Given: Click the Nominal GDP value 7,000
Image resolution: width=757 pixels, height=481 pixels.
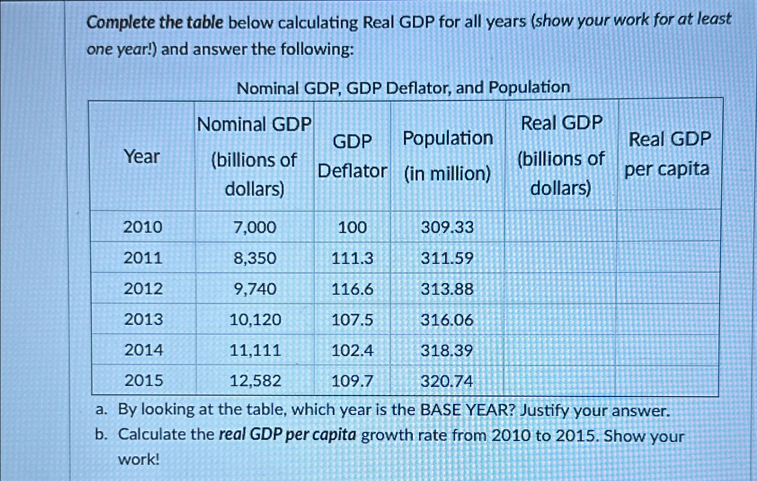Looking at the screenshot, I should (255, 227).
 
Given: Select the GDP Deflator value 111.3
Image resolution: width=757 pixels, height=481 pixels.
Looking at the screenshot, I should (352, 258).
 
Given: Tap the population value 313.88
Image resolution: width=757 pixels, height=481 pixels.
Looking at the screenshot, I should (447, 289).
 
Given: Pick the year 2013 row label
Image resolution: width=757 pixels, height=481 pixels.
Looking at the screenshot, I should (143, 319).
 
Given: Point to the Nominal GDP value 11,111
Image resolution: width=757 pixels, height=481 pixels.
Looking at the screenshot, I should (255, 350).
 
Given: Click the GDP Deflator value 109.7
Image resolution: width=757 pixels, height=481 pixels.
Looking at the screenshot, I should (352, 381).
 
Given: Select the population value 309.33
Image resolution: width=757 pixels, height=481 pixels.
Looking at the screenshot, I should (447, 227).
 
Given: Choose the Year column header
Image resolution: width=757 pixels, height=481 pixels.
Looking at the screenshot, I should (142, 157).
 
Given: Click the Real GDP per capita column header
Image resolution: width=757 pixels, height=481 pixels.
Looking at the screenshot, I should (668, 154).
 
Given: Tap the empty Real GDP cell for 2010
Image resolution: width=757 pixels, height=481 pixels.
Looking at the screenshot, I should (561, 227).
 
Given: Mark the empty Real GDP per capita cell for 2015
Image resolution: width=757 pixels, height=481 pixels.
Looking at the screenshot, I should (667, 380).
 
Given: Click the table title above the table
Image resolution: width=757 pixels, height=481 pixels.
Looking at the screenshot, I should (403, 87).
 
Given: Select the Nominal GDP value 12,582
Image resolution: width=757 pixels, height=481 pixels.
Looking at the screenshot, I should (255, 381).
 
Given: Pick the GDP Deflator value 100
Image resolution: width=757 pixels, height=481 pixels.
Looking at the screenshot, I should (352, 227).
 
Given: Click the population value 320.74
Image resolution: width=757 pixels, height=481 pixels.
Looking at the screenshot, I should (447, 381).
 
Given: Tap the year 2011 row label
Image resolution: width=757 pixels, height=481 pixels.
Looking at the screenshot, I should (143, 258).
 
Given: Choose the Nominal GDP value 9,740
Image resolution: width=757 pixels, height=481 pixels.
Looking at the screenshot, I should (255, 289).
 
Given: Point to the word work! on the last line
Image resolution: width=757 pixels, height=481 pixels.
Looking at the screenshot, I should (139, 459).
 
